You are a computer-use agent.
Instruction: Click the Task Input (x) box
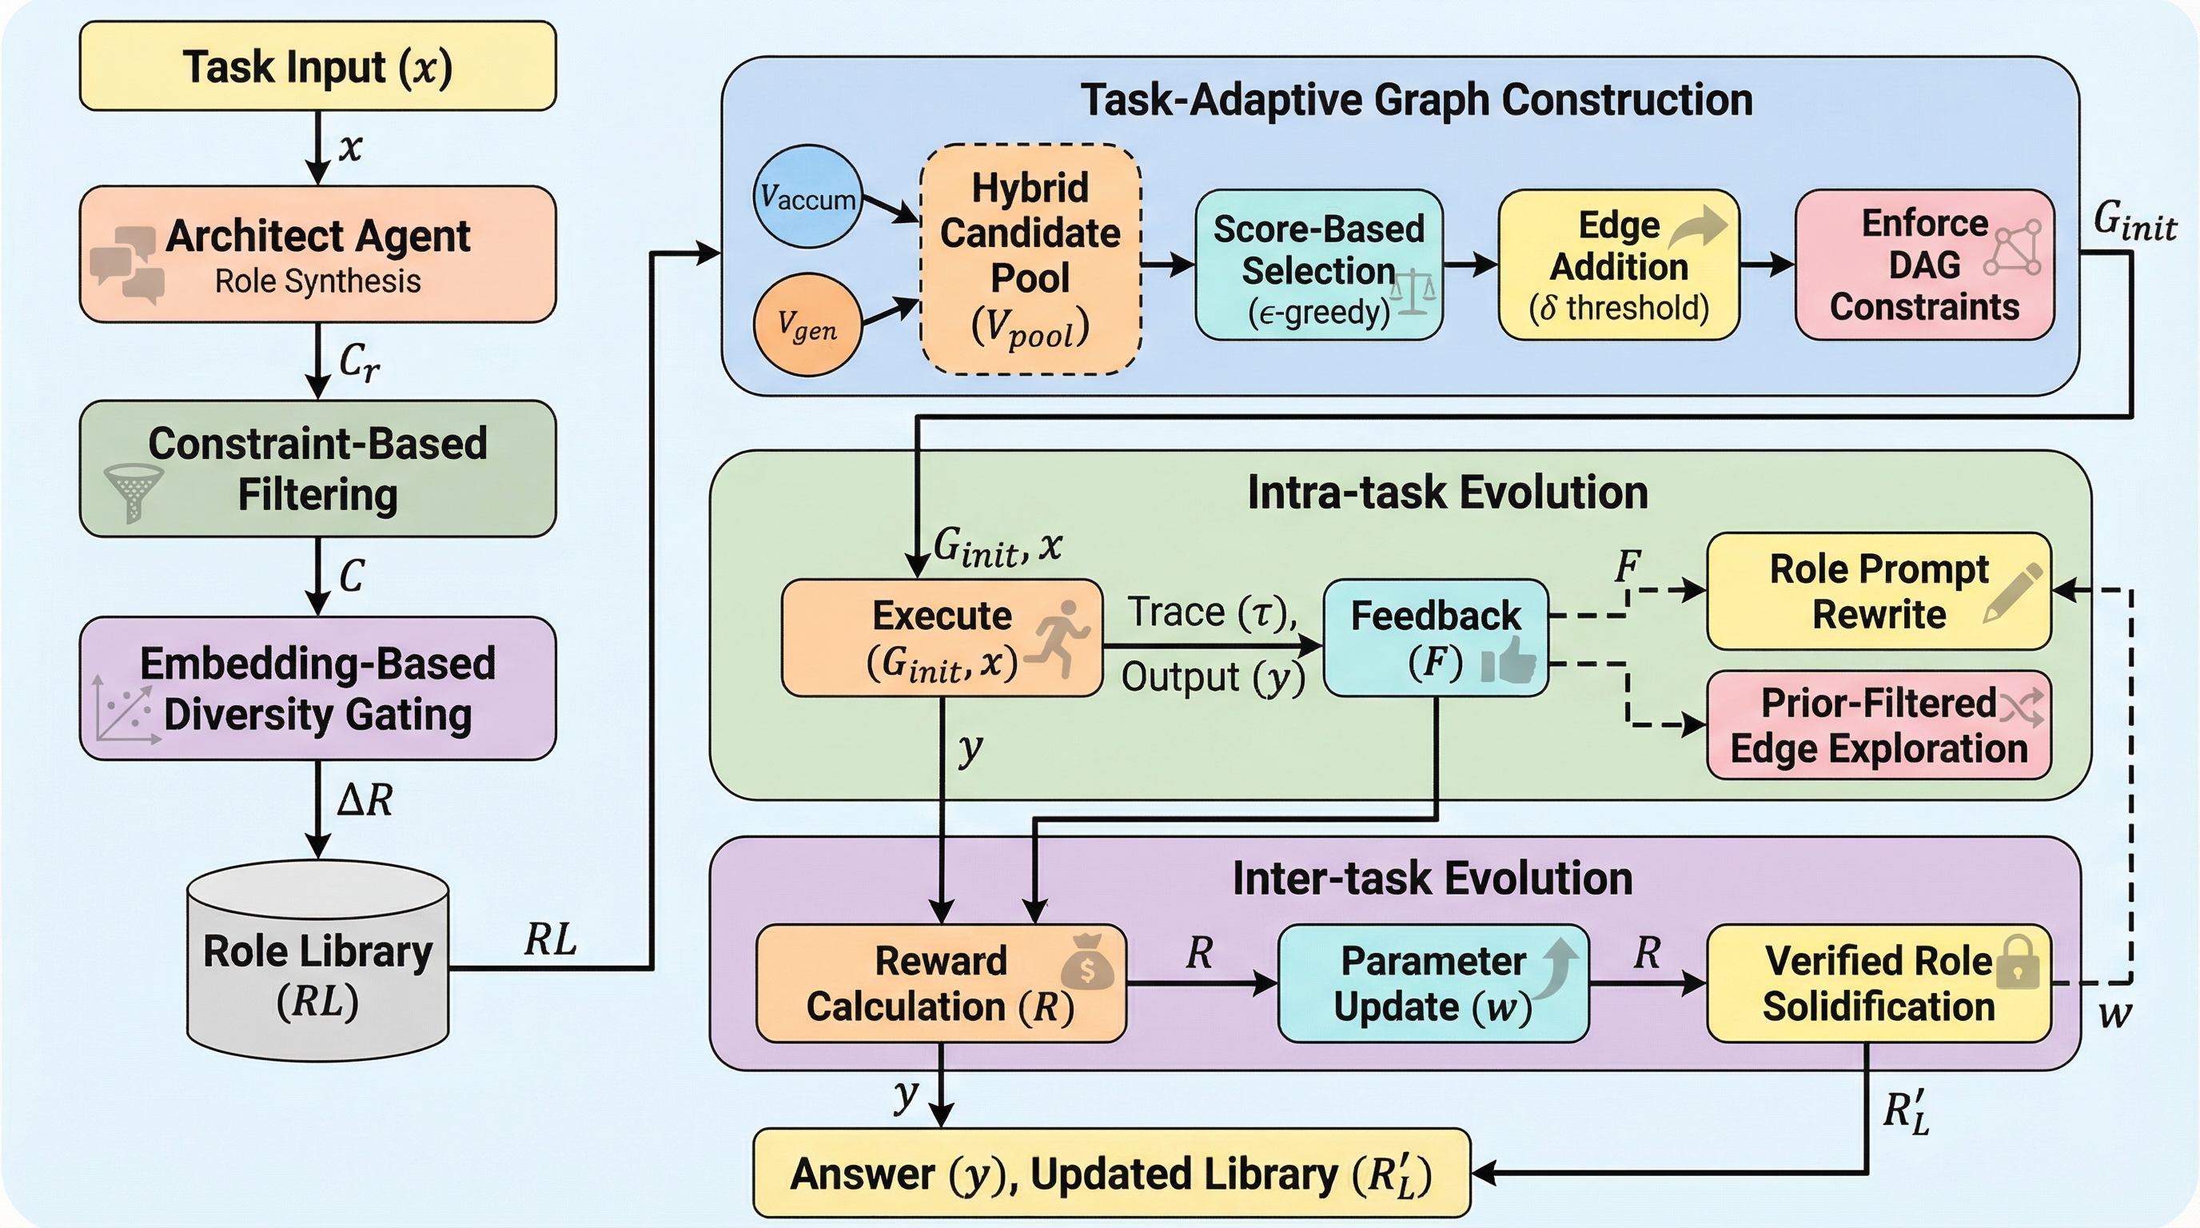click(317, 66)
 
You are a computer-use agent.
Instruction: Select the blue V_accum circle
click(807, 197)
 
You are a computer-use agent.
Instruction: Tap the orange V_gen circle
click(807, 325)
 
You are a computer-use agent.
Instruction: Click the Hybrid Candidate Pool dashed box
click(1030, 259)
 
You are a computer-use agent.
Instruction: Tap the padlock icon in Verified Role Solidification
click(2017, 963)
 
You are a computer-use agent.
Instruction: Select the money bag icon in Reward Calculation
click(1087, 963)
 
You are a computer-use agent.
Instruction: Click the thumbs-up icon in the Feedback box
click(1509, 661)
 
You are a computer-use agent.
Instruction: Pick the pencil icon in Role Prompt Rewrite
click(2014, 592)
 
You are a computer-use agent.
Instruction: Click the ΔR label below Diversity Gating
click(365, 801)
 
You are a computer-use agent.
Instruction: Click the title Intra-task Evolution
click(1447, 492)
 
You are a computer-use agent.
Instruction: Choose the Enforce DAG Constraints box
click(1923, 265)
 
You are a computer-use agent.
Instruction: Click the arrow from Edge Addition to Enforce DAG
click(1766, 265)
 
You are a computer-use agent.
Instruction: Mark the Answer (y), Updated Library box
click(1110, 1174)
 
